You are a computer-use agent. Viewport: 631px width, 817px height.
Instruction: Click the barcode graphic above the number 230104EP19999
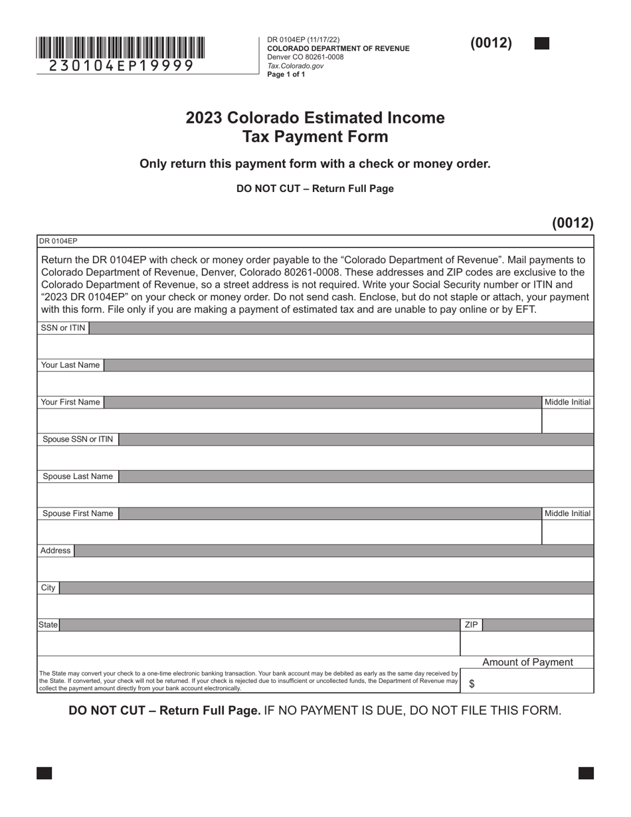click(x=120, y=48)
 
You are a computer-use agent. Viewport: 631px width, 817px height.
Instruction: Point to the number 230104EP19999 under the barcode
click(x=121, y=66)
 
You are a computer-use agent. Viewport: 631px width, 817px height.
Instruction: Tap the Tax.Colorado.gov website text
click(x=296, y=66)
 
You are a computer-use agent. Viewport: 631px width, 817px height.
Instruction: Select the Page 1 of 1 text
click(x=286, y=74)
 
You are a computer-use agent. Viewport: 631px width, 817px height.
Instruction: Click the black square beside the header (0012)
click(x=542, y=44)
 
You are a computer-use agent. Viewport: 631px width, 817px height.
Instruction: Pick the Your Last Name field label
click(x=70, y=365)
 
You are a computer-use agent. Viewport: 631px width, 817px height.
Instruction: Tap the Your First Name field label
click(x=70, y=403)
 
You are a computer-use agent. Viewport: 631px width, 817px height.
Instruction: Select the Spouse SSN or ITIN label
click(x=78, y=440)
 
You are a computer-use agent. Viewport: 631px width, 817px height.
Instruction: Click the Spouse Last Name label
click(x=78, y=477)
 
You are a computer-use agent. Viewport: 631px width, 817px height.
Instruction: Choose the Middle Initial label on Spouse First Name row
click(x=567, y=513)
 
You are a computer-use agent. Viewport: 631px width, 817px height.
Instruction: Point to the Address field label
click(x=55, y=551)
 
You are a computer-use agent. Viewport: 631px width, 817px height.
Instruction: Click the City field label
click(x=48, y=588)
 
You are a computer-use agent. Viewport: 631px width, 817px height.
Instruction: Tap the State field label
click(x=48, y=625)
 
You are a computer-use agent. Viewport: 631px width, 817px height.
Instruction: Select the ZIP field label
click(x=471, y=625)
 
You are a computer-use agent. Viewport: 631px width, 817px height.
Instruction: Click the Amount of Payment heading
click(x=527, y=662)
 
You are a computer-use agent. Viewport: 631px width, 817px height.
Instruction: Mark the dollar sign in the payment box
click(x=472, y=684)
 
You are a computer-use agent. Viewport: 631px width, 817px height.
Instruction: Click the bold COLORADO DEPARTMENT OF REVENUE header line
click(x=338, y=48)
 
